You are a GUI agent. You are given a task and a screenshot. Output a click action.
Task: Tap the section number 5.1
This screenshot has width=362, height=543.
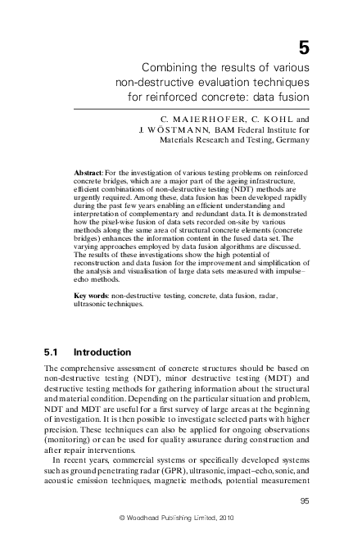tap(52, 353)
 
